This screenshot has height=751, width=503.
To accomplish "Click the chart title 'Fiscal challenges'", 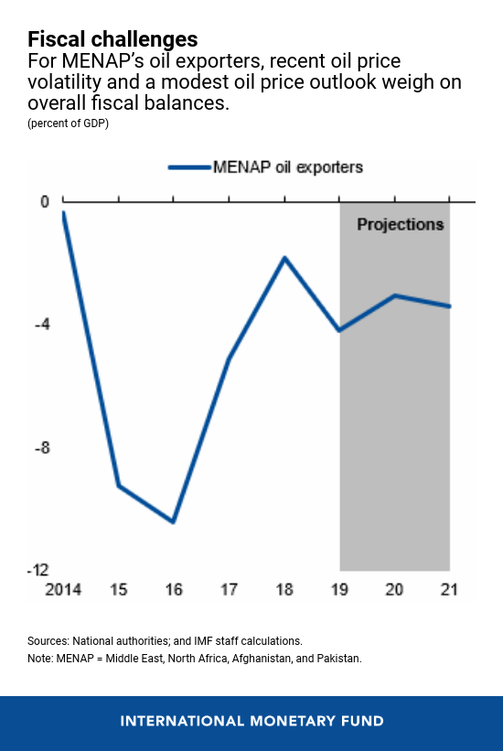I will click(x=112, y=39).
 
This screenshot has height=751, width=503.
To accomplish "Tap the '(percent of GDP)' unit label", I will click(x=68, y=123).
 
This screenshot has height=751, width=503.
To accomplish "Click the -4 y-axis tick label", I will click(x=42, y=325).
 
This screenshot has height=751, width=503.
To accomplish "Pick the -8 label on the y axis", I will click(x=42, y=448).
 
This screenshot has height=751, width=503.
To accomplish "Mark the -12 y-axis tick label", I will click(x=37, y=570).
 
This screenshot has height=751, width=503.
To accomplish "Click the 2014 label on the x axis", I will click(x=63, y=590).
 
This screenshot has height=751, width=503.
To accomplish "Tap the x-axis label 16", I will click(x=174, y=590).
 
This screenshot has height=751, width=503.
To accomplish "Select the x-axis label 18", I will click(x=284, y=590).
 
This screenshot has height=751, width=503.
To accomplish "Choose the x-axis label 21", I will click(x=449, y=590).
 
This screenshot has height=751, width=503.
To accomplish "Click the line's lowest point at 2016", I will click(x=174, y=522).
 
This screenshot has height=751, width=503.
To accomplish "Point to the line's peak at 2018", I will click(x=284, y=258).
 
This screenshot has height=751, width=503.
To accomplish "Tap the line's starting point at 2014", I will click(x=63, y=212).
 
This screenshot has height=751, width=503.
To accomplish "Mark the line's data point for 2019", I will click(x=339, y=330).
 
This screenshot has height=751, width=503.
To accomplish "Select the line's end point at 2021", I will click(x=449, y=306).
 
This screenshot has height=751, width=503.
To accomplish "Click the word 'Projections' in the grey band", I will click(x=400, y=225).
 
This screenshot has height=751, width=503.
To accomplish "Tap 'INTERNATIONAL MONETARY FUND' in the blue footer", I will click(x=251, y=722).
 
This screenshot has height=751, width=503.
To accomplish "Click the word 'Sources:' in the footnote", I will click(x=48, y=641).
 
